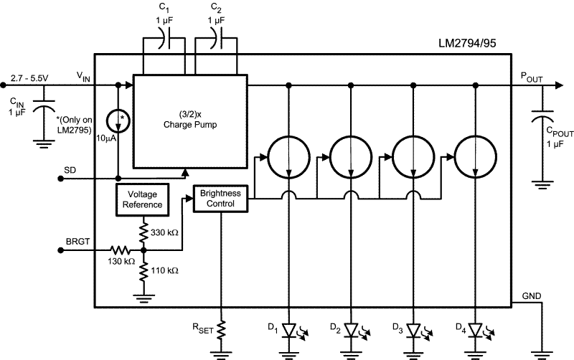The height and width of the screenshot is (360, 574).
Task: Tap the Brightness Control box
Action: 221,199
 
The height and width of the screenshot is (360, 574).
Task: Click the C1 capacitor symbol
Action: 166,42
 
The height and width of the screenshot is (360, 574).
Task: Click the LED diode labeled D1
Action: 288,331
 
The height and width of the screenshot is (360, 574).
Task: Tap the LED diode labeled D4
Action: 476,331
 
